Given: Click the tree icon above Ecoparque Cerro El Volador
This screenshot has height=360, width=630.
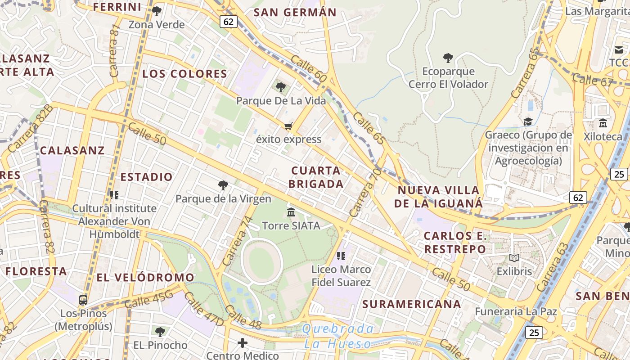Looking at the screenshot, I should [x=448, y=58].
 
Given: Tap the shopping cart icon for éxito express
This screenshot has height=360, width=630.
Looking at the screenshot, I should [x=288, y=126].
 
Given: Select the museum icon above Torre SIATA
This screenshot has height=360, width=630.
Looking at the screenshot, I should [x=291, y=212].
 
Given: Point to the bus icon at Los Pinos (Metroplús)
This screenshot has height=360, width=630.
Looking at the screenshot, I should [x=83, y=300].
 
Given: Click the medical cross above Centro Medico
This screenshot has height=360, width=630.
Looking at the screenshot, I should [x=243, y=343].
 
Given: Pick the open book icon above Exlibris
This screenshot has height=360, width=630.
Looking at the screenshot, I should [x=514, y=258].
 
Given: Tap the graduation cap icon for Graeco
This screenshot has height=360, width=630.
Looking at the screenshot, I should [x=528, y=121].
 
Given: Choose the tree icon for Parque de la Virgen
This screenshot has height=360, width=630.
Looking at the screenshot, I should [x=223, y=185].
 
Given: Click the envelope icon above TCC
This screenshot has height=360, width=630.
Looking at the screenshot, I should [x=618, y=49].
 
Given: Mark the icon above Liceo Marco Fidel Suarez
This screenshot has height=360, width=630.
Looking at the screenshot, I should [x=341, y=256].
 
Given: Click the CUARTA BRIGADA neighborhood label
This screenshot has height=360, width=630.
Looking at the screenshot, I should [x=316, y=177].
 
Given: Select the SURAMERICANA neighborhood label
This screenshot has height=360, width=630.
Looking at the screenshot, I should [x=412, y=304].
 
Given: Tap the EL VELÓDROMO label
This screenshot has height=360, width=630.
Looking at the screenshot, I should [x=145, y=277].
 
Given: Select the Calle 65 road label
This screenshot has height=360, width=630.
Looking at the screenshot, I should [x=369, y=128].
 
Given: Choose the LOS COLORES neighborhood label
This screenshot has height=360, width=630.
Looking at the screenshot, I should [x=185, y=74].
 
